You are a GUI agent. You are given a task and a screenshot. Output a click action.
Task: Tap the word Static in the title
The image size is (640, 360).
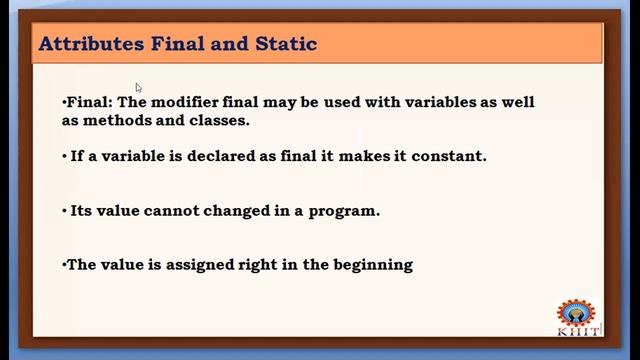288,44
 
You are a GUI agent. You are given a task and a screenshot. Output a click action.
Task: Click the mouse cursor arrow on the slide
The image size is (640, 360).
139,88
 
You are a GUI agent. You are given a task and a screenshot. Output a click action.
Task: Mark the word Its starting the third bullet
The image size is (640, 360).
82,211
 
